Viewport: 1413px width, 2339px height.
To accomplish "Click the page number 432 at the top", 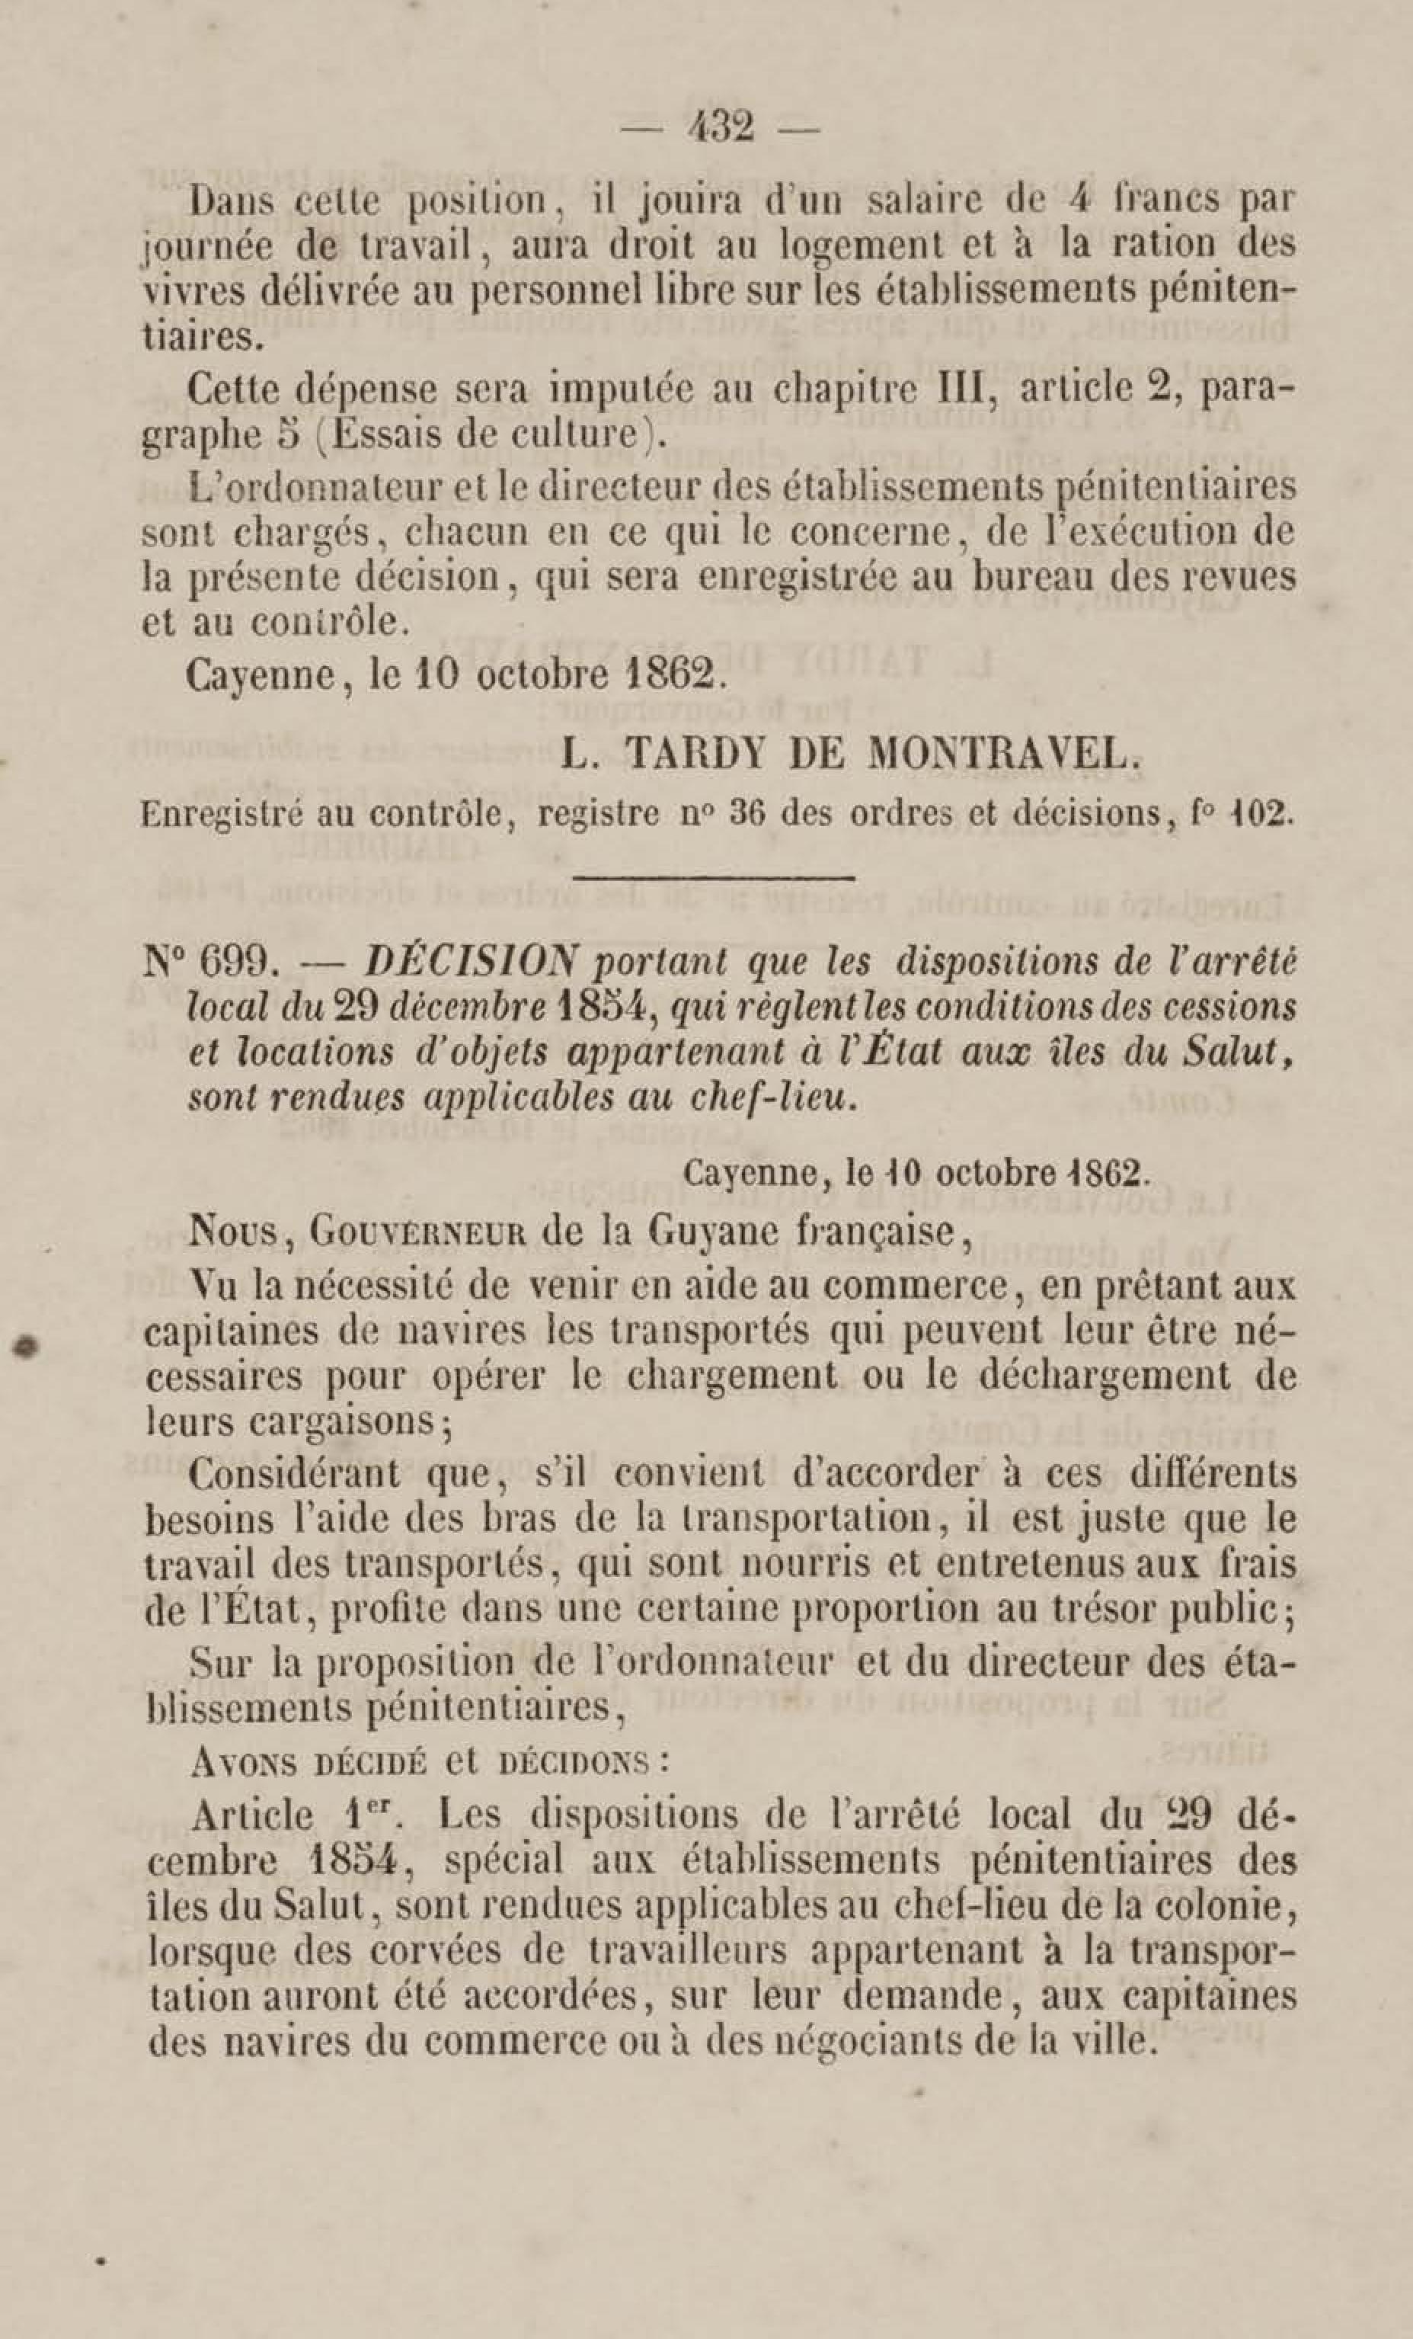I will [x=722, y=127].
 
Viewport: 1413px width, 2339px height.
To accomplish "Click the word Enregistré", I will [x=221, y=815].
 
